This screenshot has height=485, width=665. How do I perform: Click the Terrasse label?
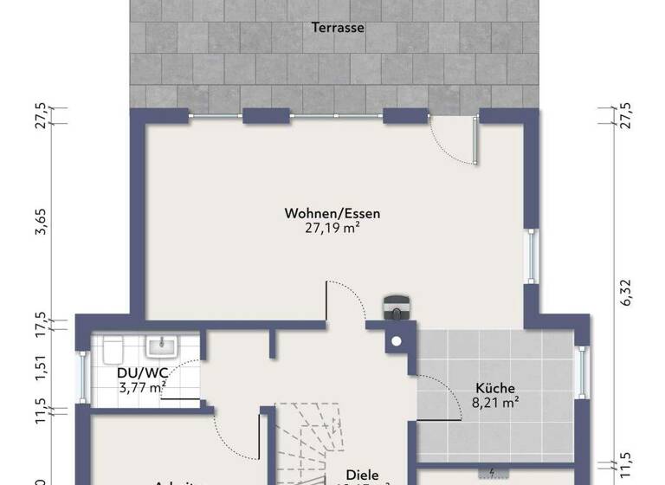pyautogui.click(x=338, y=28)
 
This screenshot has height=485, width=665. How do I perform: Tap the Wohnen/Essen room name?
pyautogui.click(x=332, y=213)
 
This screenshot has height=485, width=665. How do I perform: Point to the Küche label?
pyautogui.click(x=496, y=388)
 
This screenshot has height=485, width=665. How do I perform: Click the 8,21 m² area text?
pyautogui.click(x=496, y=402)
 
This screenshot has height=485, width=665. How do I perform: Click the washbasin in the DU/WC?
pyautogui.click(x=161, y=346)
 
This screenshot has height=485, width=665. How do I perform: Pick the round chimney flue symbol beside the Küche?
pyautogui.click(x=397, y=339)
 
